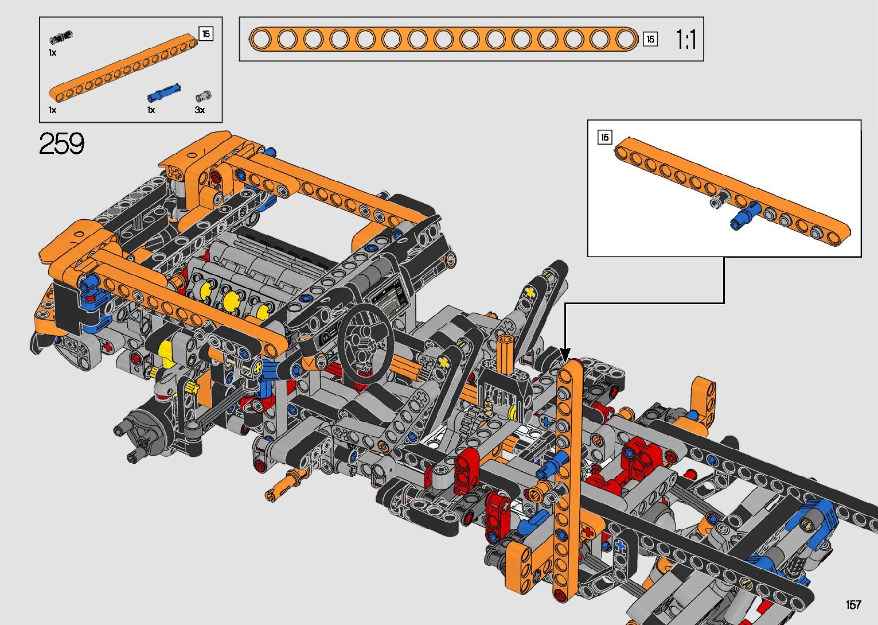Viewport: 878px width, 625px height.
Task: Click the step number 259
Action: pos(61,143)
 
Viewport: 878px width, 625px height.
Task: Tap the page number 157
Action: pos(853,604)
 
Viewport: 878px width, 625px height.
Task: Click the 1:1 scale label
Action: pos(686,39)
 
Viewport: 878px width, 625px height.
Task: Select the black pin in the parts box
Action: pos(61,37)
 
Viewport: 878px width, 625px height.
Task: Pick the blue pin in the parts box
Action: pos(164,93)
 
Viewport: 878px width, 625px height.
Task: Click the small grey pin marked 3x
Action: pos(204,96)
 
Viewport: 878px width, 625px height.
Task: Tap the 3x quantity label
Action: pos(200,110)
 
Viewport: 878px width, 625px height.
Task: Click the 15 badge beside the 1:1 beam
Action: pos(650,39)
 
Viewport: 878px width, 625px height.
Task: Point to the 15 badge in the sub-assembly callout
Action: pos(605,137)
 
